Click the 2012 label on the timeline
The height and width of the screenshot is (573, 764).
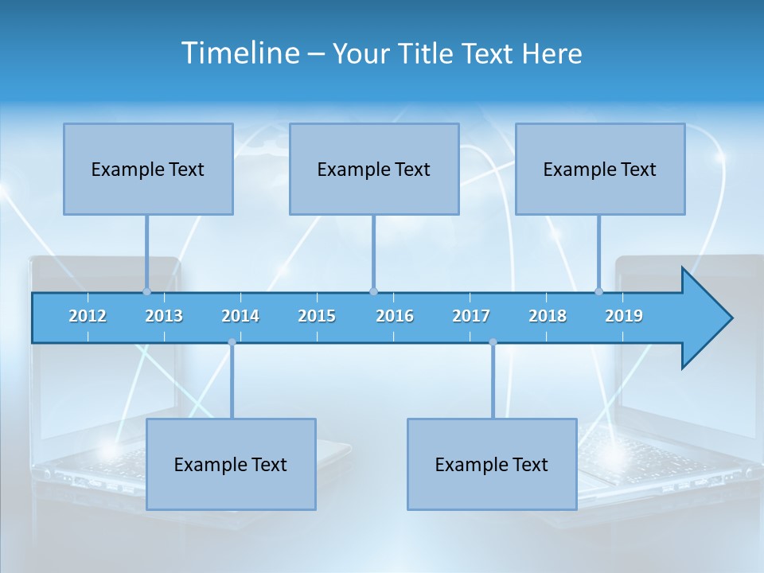pos(88,316)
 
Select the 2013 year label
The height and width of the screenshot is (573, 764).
pos(164,316)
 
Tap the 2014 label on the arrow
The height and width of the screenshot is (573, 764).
pos(240,316)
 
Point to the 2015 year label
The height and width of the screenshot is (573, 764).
pos(317,316)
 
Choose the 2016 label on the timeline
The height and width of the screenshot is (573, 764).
pos(395,316)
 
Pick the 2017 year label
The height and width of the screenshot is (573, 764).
pos(471,316)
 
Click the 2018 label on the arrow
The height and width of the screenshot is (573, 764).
pos(548,316)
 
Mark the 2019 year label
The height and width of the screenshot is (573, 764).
pos(624,316)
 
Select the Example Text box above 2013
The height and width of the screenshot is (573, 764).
pos(148,169)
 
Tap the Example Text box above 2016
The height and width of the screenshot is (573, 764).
pos(374,169)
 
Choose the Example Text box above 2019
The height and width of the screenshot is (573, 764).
pos(600,169)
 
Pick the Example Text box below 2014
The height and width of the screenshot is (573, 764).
pos(231,464)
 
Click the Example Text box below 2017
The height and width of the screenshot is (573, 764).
pos(492,464)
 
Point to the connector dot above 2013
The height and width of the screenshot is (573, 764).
pos(146,291)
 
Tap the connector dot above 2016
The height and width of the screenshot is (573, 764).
pos(373,291)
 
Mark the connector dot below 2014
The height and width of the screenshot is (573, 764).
pos(232,342)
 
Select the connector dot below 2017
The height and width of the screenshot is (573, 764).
pos(493,342)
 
